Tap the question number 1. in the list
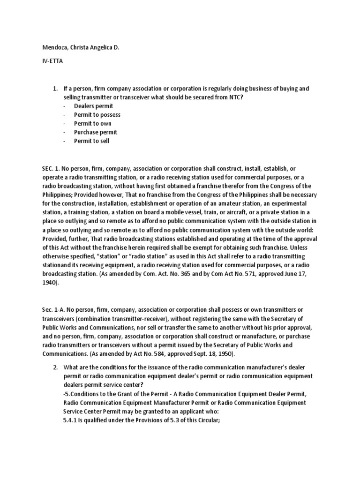pyautogui.click(x=55, y=89)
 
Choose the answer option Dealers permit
pyautogui.click(x=93, y=106)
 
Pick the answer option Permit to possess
pyautogui.click(x=97, y=115)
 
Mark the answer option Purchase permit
pyautogui.click(x=95, y=132)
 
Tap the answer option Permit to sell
pyautogui.click(x=91, y=141)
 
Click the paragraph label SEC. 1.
pyautogui.click(x=48, y=168)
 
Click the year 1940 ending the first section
pyautogui.click(x=48, y=283)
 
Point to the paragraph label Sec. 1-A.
pyautogui.click(x=50, y=310)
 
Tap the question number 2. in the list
pyautogui.click(x=55, y=367)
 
